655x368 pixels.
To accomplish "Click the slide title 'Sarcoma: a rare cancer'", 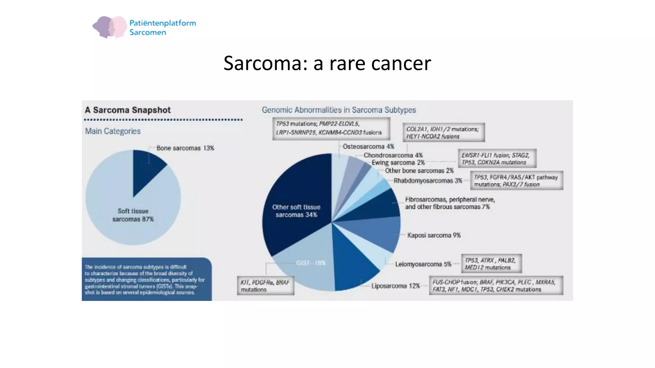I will pos(327,63).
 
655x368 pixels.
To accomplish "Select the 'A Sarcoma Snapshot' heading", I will pos(128,110).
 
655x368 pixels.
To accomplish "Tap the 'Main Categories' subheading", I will pos(113,131).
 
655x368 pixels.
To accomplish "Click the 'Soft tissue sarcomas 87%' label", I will pos(133,215).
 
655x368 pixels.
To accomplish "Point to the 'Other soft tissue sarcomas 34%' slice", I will pos(296,211).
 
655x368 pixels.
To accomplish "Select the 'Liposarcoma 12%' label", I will pos(395,286).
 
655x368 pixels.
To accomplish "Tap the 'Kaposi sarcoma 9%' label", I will pos(434,235).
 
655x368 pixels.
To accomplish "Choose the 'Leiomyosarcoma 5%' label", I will pos(423,264).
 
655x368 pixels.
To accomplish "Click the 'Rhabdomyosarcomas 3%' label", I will pos(428,180).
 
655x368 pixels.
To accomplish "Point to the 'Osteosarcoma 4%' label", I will pos(368,146).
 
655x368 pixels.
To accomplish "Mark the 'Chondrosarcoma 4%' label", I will pos(393,155).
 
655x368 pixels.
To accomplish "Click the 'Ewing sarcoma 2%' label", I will pos(398,163).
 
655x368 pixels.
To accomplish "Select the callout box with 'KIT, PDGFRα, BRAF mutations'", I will pos(265,286).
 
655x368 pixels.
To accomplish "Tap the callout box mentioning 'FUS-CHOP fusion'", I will pos(496,286).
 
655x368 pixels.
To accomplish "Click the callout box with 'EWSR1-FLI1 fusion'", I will pos(497,158).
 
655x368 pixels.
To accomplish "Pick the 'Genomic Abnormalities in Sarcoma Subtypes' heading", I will pos(339,110).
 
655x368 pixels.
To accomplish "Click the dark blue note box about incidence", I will pos(146,279).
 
